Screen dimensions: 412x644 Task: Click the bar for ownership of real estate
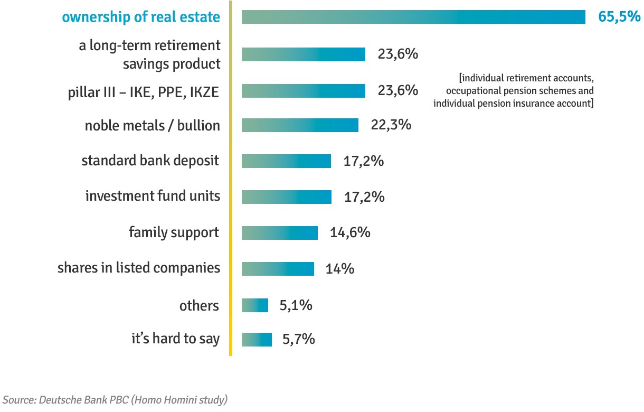tap(413, 17)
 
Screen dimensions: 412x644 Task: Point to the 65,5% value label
tap(619, 17)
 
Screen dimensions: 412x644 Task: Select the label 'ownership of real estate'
tap(141, 17)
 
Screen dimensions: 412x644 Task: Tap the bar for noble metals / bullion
tap(300, 125)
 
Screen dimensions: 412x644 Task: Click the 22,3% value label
tap(391, 125)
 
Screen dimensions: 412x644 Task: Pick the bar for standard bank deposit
tap(286, 161)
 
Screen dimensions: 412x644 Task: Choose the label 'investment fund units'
tap(153, 196)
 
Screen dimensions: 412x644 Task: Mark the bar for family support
tap(280, 233)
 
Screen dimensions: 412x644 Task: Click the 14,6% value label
tap(350, 233)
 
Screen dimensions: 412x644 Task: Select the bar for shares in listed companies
tap(278, 269)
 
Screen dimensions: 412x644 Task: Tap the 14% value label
tap(339, 269)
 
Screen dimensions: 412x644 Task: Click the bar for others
tap(255, 305)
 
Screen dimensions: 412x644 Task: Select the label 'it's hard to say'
tap(175, 339)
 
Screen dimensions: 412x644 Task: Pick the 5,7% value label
tap(299, 339)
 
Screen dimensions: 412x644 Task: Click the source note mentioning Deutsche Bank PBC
tap(115, 399)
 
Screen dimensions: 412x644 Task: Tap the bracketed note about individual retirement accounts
tap(513, 91)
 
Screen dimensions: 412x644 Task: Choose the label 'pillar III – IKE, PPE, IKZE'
tap(144, 92)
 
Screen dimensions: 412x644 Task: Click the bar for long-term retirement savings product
tap(304, 54)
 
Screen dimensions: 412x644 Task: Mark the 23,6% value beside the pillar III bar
tap(398, 91)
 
